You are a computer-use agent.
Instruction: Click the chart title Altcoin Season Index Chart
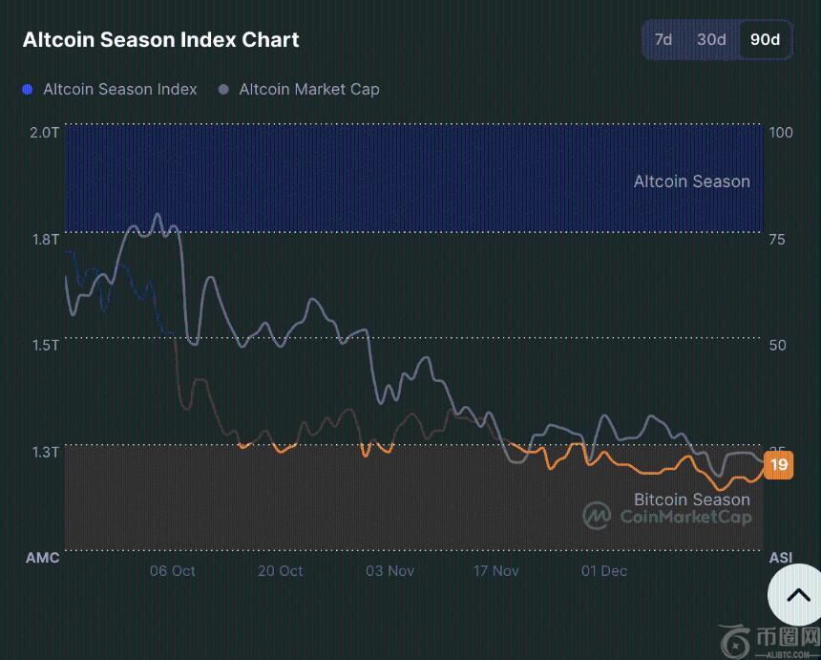[160, 40]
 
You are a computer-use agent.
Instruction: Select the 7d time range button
[663, 39]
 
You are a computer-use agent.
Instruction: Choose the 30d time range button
[711, 39]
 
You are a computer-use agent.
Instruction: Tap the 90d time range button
[765, 39]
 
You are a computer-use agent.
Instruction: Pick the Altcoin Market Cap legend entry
[299, 89]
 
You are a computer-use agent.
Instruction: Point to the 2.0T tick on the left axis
[44, 132]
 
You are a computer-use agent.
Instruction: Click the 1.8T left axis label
[44, 239]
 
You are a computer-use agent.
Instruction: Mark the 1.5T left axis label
[44, 345]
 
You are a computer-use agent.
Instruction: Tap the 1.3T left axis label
[44, 451]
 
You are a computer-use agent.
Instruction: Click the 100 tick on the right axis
[780, 132]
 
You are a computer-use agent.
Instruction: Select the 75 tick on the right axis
[777, 239]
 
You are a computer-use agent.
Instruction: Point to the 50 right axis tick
[777, 345]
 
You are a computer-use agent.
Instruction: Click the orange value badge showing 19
[779, 465]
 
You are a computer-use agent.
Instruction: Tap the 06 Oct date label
[172, 571]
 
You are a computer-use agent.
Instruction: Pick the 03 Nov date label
[389, 571]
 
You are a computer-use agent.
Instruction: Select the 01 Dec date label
[604, 571]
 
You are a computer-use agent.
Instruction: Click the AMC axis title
[42, 558]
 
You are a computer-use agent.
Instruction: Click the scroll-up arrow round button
[797, 595]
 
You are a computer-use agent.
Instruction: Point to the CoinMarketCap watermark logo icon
[598, 516]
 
